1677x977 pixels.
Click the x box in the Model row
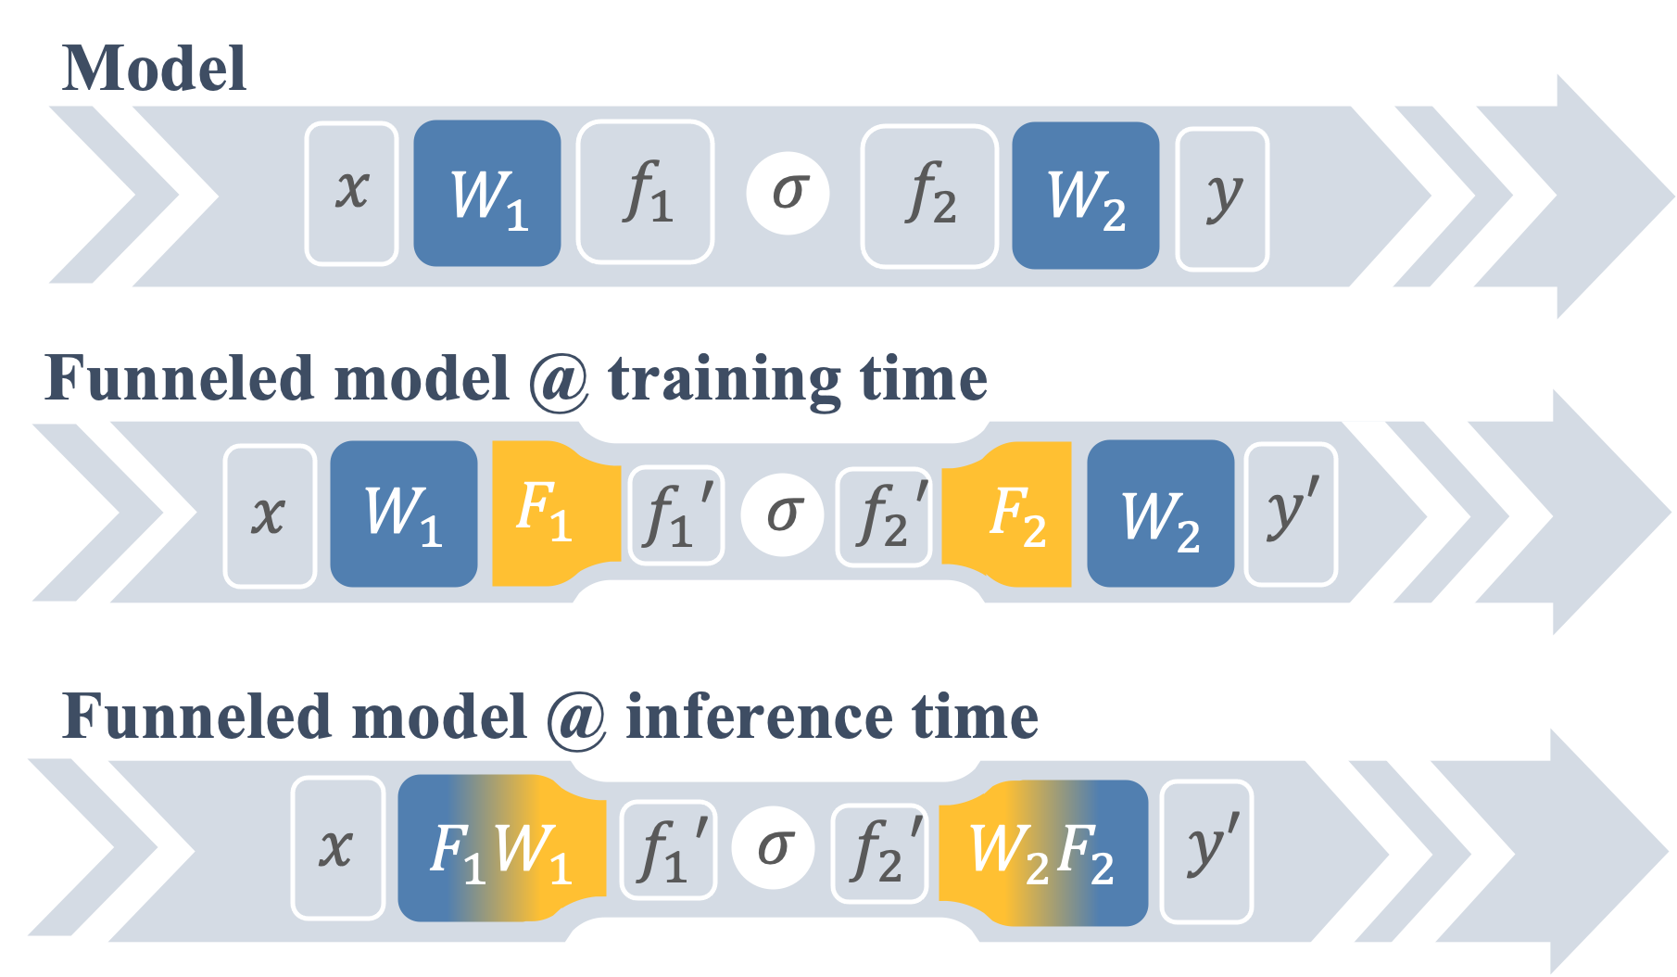tap(352, 194)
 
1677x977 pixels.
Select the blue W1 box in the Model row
tap(487, 194)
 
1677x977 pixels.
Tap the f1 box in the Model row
tap(646, 193)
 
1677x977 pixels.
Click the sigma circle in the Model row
tap(788, 193)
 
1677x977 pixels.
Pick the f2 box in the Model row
tap(929, 196)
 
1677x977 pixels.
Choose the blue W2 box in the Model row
tap(1086, 196)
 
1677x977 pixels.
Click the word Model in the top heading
tap(154, 69)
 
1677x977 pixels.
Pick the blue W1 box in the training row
tap(404, 514)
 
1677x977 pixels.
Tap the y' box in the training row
tap(1291, 514)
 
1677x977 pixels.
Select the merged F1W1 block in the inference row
tap(500, 849)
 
